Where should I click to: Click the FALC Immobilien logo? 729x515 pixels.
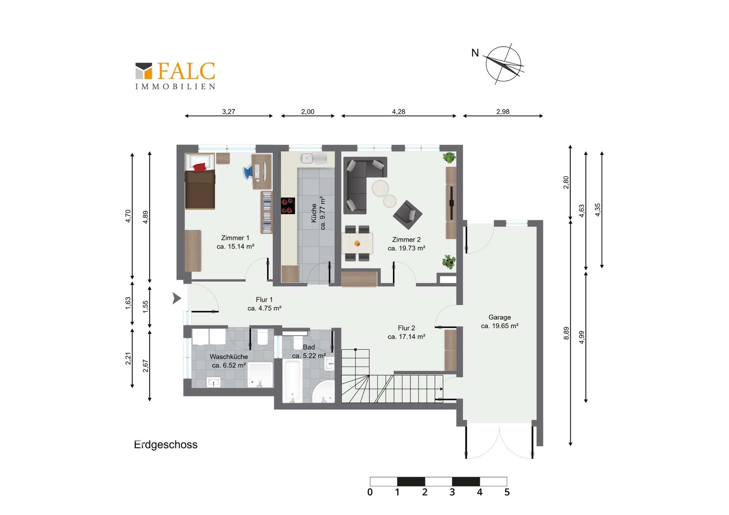tap(175, 76)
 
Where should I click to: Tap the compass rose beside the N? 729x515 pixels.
tap(503, 64)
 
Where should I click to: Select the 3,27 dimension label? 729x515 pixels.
tap(229, 112)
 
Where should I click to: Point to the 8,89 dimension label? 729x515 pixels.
tap(566, 333)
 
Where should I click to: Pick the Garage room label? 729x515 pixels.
tap(500, 321)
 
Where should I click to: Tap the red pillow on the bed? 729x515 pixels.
tap(200, 167)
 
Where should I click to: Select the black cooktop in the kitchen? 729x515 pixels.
tap(288, 206)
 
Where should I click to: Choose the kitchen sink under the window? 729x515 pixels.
tap(314, 158)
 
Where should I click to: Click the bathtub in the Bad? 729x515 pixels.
tap(293, 381)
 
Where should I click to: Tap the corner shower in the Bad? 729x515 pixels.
tap(323, 391)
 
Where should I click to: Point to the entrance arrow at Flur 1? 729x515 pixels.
tap(177, 298)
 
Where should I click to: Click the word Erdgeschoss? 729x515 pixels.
tap(166, 444)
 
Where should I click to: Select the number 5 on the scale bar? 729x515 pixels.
tap(507, 492)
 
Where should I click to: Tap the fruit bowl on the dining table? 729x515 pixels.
tap(357, 243)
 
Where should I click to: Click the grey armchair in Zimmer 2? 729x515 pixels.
tap(408, 215)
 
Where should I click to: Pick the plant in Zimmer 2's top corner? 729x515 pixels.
tap(449, 157)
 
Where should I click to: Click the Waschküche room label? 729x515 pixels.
tap(229, 361)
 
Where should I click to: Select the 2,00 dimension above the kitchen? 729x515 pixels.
tap(308, 112)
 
